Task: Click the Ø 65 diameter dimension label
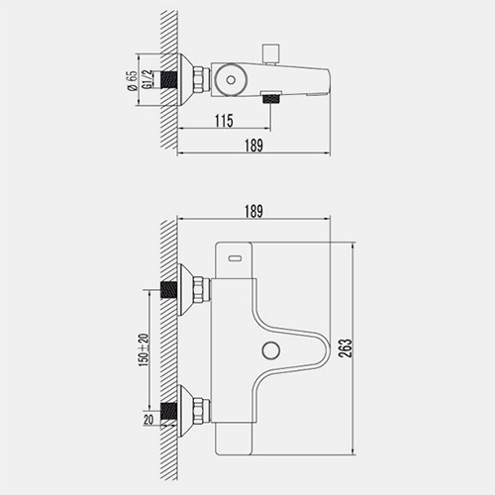pos(132,81)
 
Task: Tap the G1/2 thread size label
pos(148,79)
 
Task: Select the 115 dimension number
pos(224,121)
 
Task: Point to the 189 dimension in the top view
pos(253,146)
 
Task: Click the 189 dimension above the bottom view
pos(253,212)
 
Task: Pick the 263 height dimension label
pos(346,348)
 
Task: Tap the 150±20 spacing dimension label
pos(144,350)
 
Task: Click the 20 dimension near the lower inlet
pos(148,420)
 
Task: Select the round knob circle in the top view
pos(231,79)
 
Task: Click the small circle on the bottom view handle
pos(271,350)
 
